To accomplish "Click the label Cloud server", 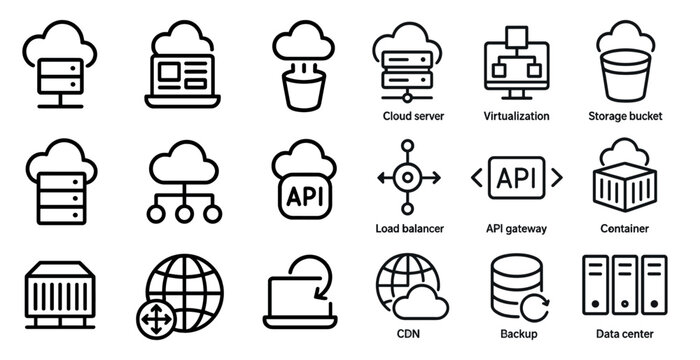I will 413,116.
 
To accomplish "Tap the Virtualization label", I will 516,116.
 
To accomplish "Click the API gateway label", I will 516,229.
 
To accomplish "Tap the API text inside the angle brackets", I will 516,178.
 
